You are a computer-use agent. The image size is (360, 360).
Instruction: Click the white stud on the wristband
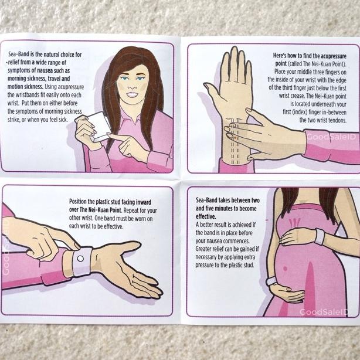(80, 259)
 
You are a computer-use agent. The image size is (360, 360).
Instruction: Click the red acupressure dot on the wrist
(235, 138)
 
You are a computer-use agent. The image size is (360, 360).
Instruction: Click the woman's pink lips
(133, 94)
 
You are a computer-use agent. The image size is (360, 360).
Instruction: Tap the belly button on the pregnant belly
(285, 268)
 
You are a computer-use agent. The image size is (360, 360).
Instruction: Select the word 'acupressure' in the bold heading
(333, 56)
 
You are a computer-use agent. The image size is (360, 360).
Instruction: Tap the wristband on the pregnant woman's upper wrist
(319, 237)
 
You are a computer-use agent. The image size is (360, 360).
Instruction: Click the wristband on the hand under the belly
(271, 281)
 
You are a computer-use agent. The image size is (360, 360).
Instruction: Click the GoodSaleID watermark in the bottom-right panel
(324, 312)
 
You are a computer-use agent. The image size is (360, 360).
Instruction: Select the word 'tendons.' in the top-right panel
(338, 120)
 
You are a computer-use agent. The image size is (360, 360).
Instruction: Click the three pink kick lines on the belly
(294, 223)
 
